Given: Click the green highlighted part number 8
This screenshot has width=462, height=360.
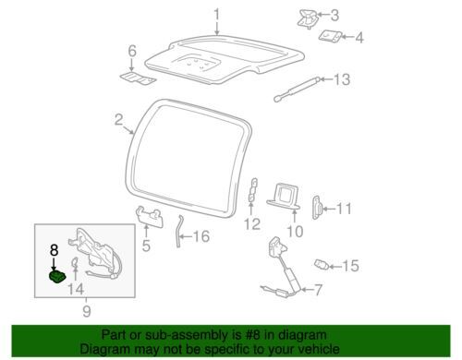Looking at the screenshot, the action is point(57,276).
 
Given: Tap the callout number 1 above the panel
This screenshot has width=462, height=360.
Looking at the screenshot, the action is point(217,15).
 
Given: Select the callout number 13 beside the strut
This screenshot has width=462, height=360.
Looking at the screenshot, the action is point(342,79).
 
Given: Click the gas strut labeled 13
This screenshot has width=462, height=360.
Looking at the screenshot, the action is point(298,89).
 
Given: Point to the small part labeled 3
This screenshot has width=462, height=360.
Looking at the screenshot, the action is point(307,18).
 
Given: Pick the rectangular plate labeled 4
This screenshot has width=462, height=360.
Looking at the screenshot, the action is point(330,36).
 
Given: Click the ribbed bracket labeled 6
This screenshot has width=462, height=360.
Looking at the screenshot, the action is point(138,78).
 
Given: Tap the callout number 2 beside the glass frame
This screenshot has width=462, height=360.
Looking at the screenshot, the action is point(118,120).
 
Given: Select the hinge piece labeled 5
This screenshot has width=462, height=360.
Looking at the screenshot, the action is point(150,216).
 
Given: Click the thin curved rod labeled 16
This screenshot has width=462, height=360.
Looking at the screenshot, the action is point(178,231).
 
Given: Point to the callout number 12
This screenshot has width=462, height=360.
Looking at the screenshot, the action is point(252,224).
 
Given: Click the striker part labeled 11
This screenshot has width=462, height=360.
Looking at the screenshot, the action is point(317,208).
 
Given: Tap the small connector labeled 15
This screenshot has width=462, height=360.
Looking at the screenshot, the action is point(322,264).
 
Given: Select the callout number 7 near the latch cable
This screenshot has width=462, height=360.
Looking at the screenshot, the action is point(318,290).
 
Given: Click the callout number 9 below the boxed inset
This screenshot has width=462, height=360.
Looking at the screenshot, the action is point(87,311).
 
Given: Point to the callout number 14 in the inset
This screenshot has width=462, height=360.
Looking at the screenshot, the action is point(76,289).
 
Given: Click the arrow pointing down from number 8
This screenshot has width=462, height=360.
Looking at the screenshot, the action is point(54,264).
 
